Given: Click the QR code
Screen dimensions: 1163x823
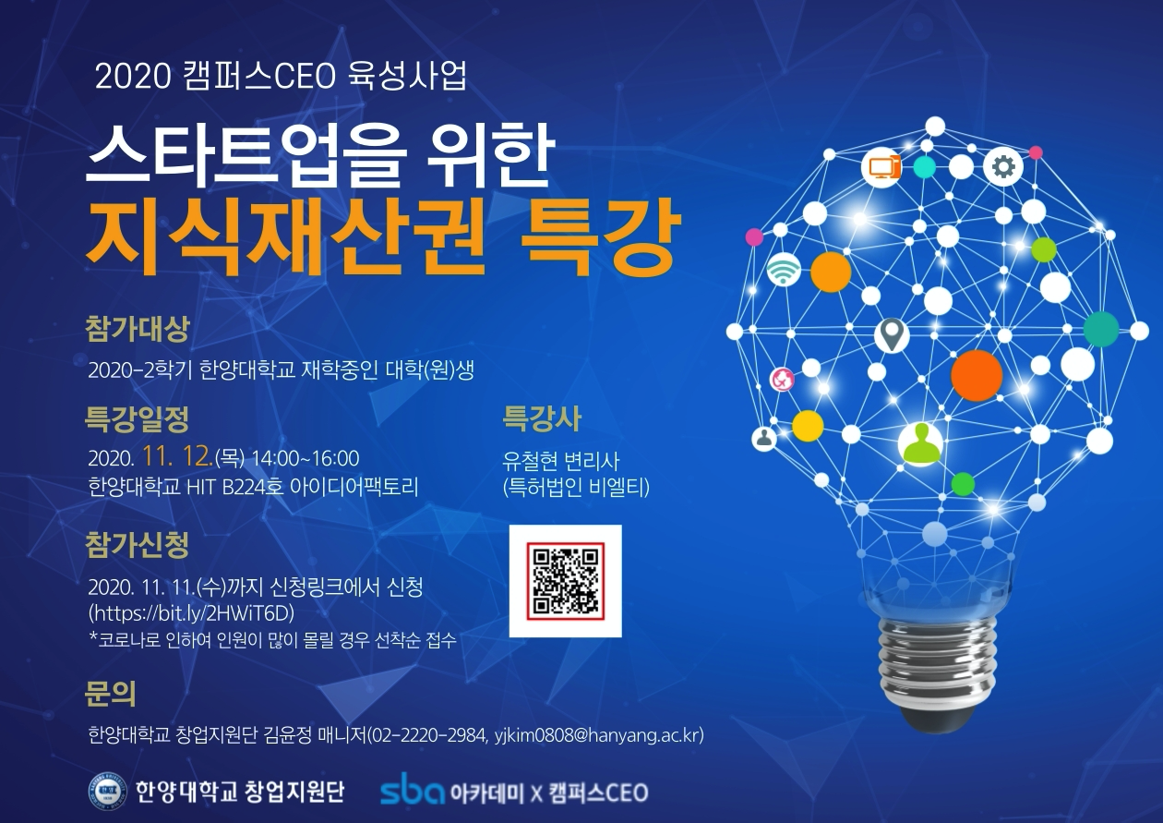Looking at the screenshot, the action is tap(566, 581).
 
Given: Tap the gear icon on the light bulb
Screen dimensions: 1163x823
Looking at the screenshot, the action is tap(1002, 167).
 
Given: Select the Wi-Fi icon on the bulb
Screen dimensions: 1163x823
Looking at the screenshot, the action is tap(784, 270).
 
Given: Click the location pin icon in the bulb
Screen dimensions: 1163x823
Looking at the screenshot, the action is tap(892, 335).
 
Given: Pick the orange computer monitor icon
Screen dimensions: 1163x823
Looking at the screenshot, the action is tap(881, 167).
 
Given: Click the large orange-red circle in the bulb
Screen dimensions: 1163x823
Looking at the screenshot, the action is tap(977, 375).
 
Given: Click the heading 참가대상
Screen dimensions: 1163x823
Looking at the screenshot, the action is tap(137, 329).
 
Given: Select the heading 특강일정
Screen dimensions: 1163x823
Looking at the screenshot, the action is tap(137, 418).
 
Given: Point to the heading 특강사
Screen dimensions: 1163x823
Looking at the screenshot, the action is tap(542, 418).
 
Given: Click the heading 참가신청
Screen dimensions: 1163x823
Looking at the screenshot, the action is tap(137, 545).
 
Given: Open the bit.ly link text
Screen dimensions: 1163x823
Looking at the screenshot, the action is tap(192, 613).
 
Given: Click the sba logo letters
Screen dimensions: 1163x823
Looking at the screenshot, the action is tap(413, 792).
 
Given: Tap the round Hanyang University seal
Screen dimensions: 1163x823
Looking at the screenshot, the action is tap(107, 791).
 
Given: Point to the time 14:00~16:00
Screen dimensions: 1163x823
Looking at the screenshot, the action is tap(306, 458).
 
